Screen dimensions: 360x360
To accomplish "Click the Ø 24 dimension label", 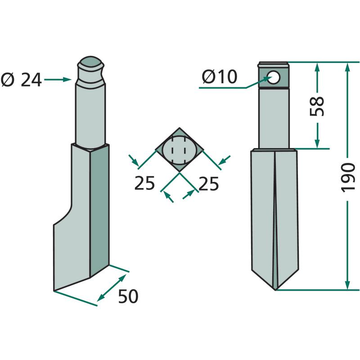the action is coord(21,80).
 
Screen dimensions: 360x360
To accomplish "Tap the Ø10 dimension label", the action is coord(220,77).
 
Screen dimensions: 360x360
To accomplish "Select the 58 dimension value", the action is coord(317,106).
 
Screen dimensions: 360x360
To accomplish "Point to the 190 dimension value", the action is coord(348,177).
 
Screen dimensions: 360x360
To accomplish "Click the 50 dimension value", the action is coord(128,296).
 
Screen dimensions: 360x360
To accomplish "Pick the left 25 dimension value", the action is coord(144,183).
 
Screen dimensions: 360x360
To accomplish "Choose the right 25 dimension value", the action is coord(208,184).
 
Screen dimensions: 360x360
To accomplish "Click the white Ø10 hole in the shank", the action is coord(273,77).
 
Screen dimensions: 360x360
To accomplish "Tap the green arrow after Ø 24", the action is coord(58,80).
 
